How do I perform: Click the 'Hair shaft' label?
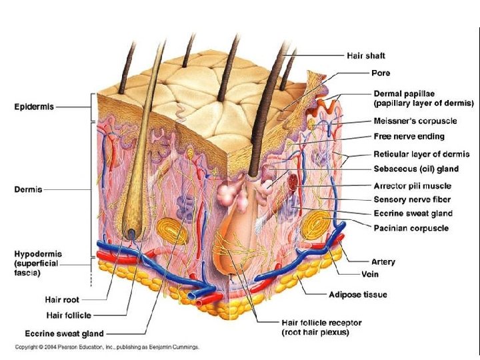(365, 55)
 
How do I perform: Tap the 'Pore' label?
(381, 73)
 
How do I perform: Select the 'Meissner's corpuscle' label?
(415, 121)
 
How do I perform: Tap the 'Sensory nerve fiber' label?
(411, 199)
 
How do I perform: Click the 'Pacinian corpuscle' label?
(411, 228)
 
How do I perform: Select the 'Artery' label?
(383, 262)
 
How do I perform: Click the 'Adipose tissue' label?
(357, 294)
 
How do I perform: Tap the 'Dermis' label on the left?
(28, 189)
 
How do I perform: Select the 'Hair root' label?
(62, 300)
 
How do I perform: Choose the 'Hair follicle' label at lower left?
(69, 315)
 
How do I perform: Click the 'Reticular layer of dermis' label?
(421, 155)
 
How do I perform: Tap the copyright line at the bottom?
(107, 347)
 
